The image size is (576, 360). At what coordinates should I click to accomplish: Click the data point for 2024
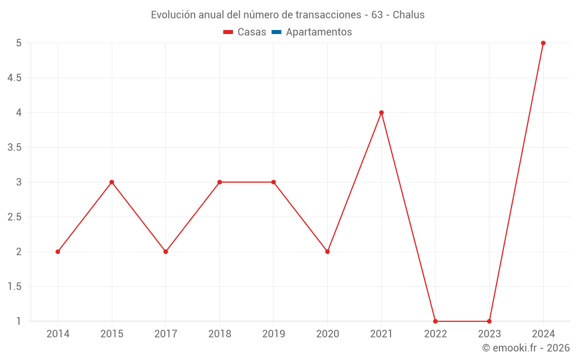[543, 43]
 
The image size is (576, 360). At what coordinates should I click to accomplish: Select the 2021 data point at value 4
[381, 112]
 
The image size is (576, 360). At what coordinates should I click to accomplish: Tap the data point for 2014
[58, 252]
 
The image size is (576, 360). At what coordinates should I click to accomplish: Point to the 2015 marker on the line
[112, 182]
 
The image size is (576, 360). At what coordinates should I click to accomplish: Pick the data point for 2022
[435, 321]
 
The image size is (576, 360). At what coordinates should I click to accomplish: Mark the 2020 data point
[327, 252]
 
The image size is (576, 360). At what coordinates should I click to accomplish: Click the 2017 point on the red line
[165, 252]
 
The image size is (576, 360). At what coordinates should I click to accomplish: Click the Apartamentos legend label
[319, 32]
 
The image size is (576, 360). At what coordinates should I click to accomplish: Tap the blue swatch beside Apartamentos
[276, 32]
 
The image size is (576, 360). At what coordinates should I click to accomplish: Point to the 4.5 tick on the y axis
[14, 78]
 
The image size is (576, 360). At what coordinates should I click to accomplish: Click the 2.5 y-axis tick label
[14, 217]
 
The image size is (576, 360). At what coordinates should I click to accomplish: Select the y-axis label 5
[18, 43]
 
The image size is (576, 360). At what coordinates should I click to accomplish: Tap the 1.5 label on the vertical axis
[14, 287]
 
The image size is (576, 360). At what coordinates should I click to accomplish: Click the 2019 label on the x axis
[274, 334]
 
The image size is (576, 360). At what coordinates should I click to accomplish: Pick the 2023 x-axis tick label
[489, 334]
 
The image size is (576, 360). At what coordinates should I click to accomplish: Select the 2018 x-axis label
[219, 334]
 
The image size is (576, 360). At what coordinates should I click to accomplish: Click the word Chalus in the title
[408, 15]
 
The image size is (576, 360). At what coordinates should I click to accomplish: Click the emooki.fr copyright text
[526, 348]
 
